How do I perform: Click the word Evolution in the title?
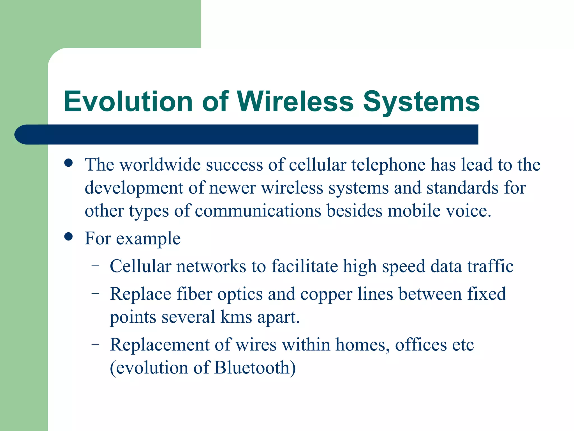(x=128, y=102)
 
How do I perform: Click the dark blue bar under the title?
(x=247, y=134)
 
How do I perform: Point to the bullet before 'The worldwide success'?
(x=68, y=163)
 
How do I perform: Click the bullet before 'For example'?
(x=68, y=237)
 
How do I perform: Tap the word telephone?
(x=388, y=165)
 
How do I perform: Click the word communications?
(x=258, y=211)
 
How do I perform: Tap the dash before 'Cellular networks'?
(x=96, y=265)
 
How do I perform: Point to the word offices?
(x=421, y=345)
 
